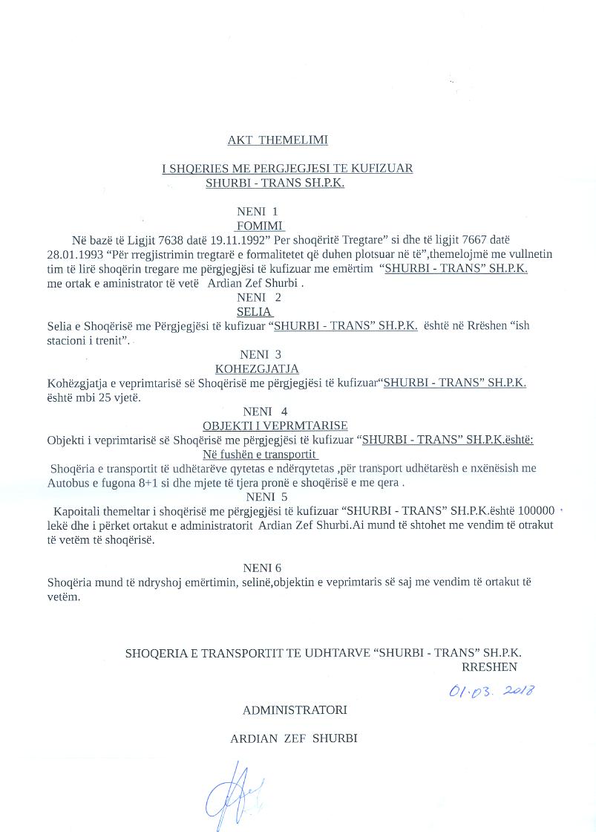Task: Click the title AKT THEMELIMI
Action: (x=277, y=140)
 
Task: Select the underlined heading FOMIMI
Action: (x=260, y=226)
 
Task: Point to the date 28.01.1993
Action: (x=73, y=254)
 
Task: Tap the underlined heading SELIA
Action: (x=255, y=312)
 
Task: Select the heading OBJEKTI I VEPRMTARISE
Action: (x=275, y=426)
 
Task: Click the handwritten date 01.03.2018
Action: (x=492, y=691)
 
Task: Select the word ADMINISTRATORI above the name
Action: (x=295, y=710)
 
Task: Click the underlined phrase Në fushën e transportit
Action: (x=260, y=454)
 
